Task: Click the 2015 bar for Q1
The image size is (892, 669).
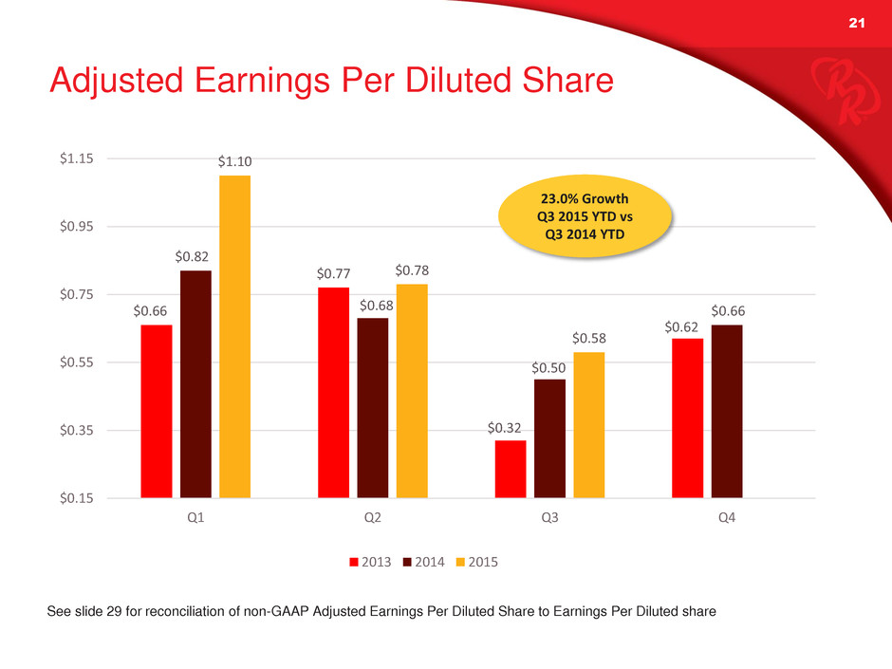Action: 234,336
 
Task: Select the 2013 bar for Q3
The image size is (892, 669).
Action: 511,469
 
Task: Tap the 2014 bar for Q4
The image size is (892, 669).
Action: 727,411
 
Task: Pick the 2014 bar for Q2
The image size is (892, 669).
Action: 373,407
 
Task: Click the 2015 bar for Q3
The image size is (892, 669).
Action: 589,424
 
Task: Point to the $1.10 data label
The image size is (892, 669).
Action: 234,163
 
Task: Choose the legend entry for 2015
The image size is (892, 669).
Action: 474,562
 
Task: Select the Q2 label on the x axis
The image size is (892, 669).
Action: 373,520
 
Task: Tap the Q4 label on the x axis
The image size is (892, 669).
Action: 727,520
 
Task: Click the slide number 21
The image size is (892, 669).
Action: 858,25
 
